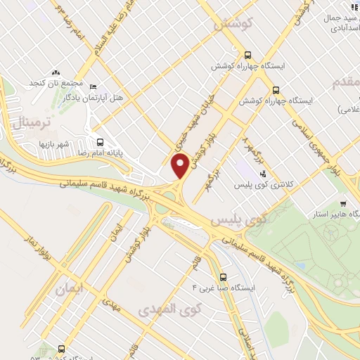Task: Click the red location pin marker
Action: pos(181,166)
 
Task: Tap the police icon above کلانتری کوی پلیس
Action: pos(264,174)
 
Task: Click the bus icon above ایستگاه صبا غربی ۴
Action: pos(224,277)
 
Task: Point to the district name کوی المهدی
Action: pos(169,309)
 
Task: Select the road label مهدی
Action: pos(110,304)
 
